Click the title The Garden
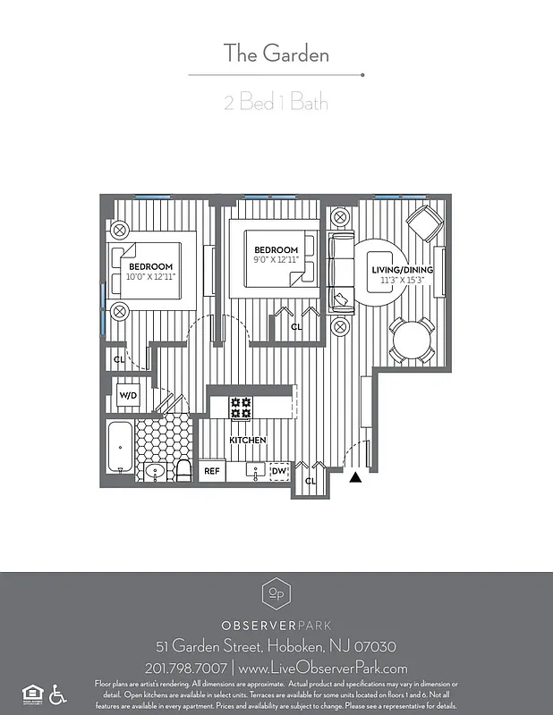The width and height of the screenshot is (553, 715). pyautogui.click(x=276, y=54)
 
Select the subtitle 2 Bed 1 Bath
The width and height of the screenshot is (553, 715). pyautogui.click(x=276, y=103)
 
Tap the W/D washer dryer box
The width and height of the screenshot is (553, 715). pyautogui.click(x=127, y=394)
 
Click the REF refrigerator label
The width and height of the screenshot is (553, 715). pyautogui.click(x=212, y=470)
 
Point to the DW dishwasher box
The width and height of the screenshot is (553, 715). pyautogui.click(x=279, y=470)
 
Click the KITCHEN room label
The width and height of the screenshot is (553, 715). pyautogui.click(x=247, y=441)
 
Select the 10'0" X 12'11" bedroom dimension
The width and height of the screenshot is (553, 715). pyautogui.click(x=150, y=278)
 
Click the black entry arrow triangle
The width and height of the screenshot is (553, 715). pyautogui.click(x=355, y=477)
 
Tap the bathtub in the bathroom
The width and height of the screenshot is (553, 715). pyautogui.click(x=119, y=447)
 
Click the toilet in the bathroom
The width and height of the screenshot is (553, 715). pyautogui.click(x=183, y=468)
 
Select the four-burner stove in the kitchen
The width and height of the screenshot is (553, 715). pyautogui.click(x=241, y=408)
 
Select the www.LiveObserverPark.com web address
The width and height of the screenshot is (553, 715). pyautogui.click(x=324, y=668)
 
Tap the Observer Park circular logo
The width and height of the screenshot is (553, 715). pyautogui.click(x=276, y=593)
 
